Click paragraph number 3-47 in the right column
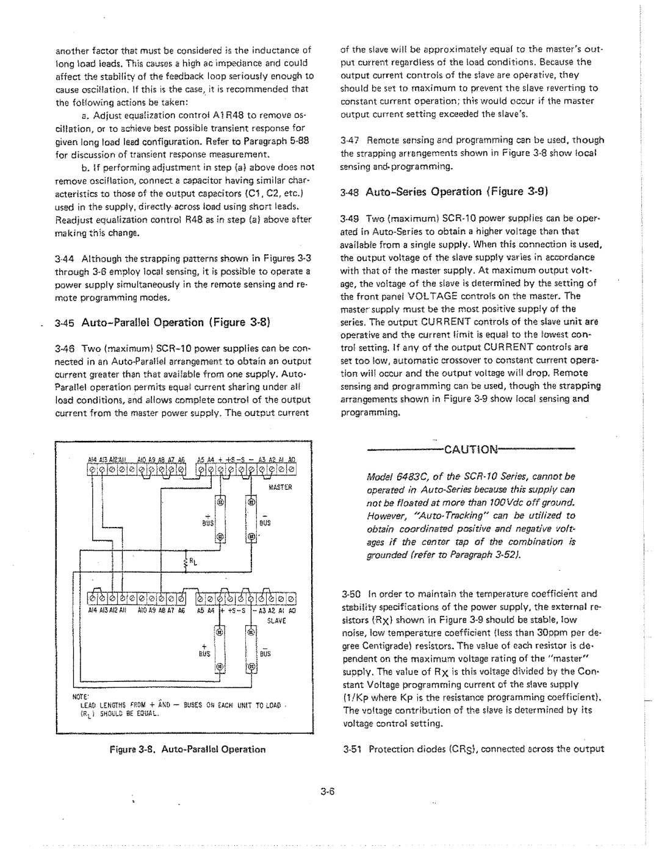(x=350, y=140)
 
